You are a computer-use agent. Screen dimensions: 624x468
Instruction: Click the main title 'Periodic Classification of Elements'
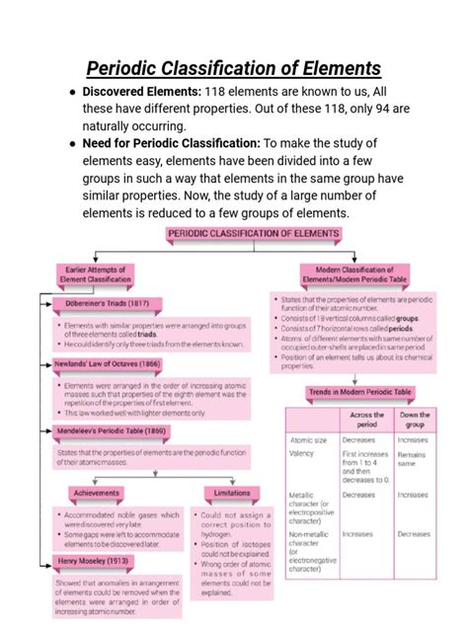[x=234, y=68]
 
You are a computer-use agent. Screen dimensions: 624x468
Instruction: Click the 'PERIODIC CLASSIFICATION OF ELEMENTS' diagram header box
[x=253, y=234]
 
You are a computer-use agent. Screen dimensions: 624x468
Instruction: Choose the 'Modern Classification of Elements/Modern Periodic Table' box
[x=354, y=273]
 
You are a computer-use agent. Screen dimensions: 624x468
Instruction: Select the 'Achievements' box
[x=97, y=492]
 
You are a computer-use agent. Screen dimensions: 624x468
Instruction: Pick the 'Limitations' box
[x=232, y=492]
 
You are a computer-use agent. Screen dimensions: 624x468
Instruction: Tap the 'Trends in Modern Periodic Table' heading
[x=358, y=392]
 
